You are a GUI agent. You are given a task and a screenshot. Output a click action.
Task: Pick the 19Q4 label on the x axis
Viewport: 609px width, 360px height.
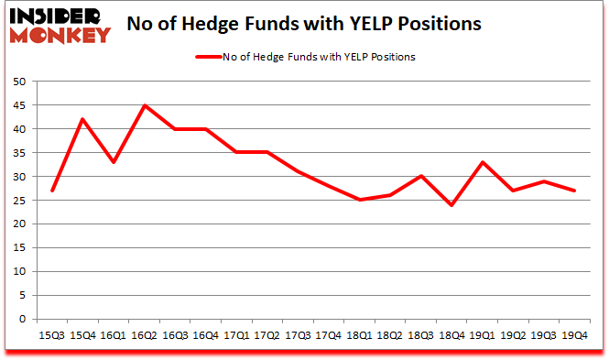pyautogui.click(x=575, y=335)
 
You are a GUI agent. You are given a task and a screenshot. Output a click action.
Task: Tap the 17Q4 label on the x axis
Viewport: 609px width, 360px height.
pyautogui.click(x=328, y=335)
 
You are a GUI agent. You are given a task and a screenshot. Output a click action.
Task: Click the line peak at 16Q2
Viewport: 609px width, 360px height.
pyautogui.click(x=144, y=105)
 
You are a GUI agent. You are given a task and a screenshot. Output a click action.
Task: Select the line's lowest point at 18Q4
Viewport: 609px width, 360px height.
pyautogui.click(x=452, y=205)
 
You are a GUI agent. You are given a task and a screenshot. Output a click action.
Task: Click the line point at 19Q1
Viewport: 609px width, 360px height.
pyautogui.click(x=483, y=162)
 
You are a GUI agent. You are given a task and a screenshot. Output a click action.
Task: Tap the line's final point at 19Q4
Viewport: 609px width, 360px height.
pyautogui.click(x=575, y=191)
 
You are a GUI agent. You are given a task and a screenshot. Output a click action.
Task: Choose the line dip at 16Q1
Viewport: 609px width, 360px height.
pyautogui.click(x=113, y=162)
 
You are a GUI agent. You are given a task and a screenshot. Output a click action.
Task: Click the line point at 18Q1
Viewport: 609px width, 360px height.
pyautogui.click(x=359, y=200)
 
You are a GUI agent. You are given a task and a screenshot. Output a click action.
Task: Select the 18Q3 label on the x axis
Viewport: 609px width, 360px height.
pyautogui.click(x=420, y=335)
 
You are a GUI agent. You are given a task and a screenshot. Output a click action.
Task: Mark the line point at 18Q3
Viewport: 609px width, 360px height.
pyautogui.click(x=420, y=176)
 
